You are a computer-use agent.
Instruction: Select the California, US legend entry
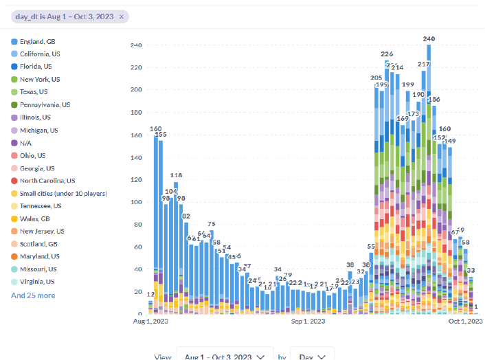[x=40, y=54]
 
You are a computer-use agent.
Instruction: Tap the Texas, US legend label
[x=34, y=92]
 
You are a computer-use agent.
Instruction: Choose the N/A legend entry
[x=26, y=143]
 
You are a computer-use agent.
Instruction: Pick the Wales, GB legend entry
[x=34, y=218]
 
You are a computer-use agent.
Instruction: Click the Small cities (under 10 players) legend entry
[x=63, y=194]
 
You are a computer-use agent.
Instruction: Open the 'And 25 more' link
[x=33, y=295]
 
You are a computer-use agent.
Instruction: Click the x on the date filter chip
[x=122, y=16]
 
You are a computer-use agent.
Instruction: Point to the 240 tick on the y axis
[x=135, y=45]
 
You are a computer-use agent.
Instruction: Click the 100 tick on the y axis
[x=135, y=203]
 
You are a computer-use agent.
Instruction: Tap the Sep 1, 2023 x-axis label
[x=307, y=321]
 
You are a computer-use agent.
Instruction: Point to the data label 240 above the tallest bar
[x=429, y=39]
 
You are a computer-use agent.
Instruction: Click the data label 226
[x=387, y=54]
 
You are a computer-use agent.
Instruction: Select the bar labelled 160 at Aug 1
[x=155, y=220]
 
